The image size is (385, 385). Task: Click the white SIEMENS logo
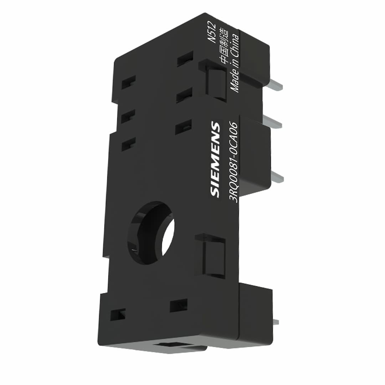point(215,159)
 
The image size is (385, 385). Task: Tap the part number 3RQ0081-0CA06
point(234,162)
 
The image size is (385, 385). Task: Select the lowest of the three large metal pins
point(277,177)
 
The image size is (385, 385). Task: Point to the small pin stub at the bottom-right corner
point(275,322)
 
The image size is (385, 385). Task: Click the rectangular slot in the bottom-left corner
point(118,314)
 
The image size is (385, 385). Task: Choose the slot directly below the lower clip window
point(179,305)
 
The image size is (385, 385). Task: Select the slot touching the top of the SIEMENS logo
point(184,127)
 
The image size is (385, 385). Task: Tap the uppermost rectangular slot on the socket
point(185,58)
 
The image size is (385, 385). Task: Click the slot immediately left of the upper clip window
point(184,95)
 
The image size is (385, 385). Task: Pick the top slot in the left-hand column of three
point(128,82)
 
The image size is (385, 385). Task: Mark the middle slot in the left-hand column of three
point(128,117)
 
